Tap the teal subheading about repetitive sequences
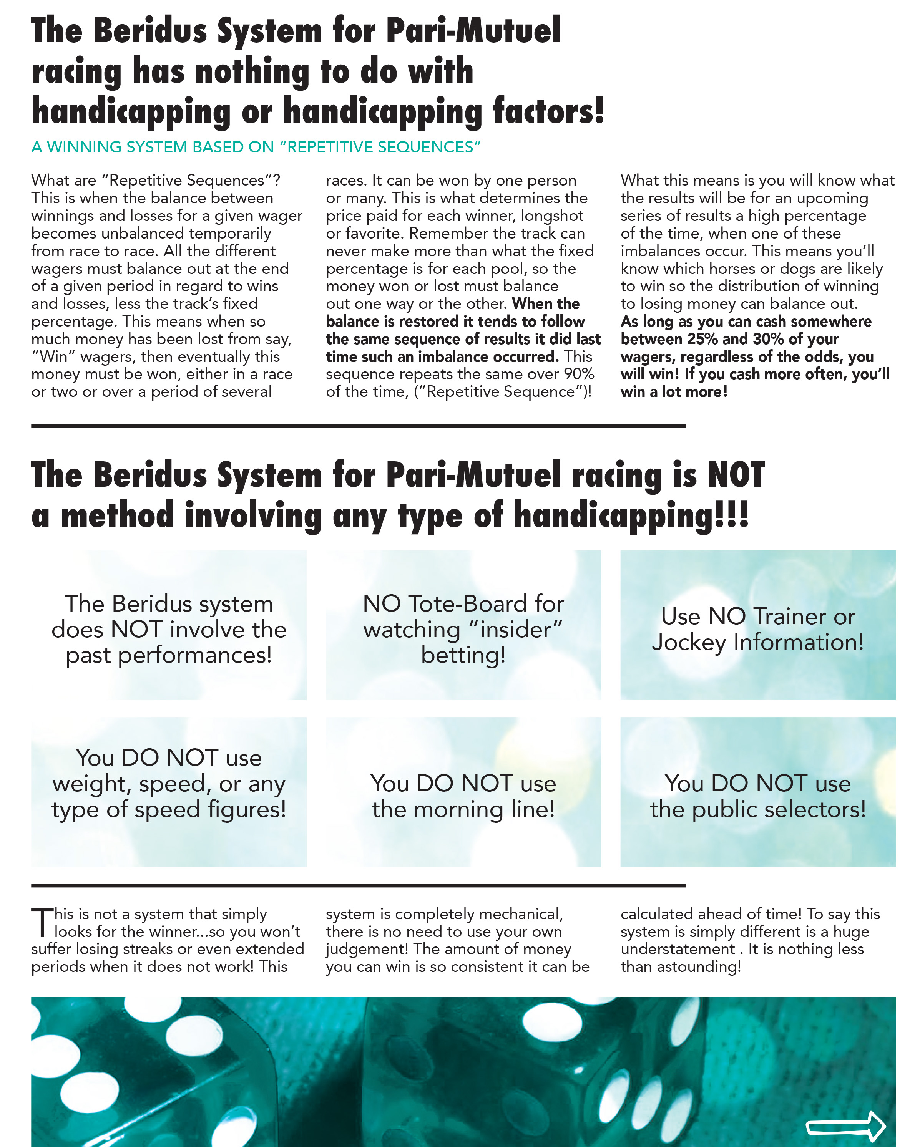tap(256, 147)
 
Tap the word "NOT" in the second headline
tap(736, 474)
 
